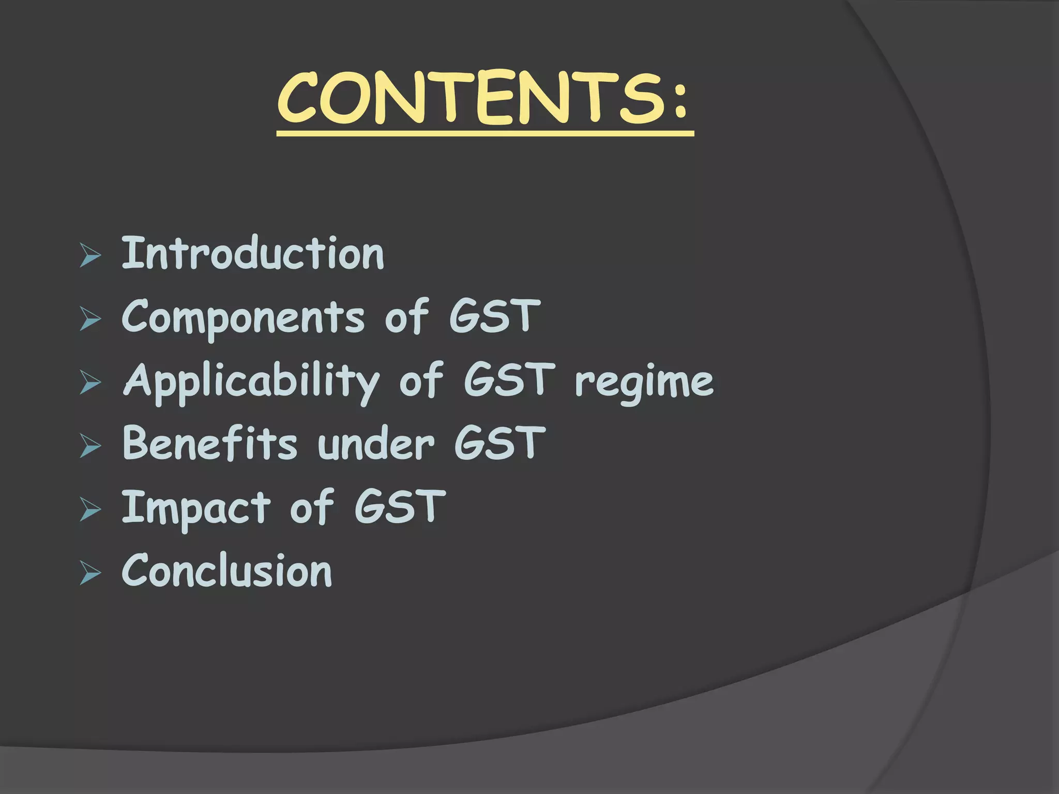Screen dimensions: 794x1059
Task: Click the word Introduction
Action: coord(253,254)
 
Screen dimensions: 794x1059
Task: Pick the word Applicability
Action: coord(252,381)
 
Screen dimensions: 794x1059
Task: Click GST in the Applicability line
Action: coord(509,380)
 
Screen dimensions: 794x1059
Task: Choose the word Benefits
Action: coord(210,444)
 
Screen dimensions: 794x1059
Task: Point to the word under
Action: coord(376,445)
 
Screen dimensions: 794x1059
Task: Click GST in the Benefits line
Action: coord(500,444)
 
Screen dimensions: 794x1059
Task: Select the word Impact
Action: coord(196,508)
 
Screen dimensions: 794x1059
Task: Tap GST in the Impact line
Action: coord(400,507)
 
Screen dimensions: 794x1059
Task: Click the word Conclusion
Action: coord(227,571)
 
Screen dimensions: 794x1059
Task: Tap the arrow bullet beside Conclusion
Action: coord(90,574)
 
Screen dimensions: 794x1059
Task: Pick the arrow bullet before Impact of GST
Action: coord(90,511)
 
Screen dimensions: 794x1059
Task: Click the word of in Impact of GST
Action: coord(312,507)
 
